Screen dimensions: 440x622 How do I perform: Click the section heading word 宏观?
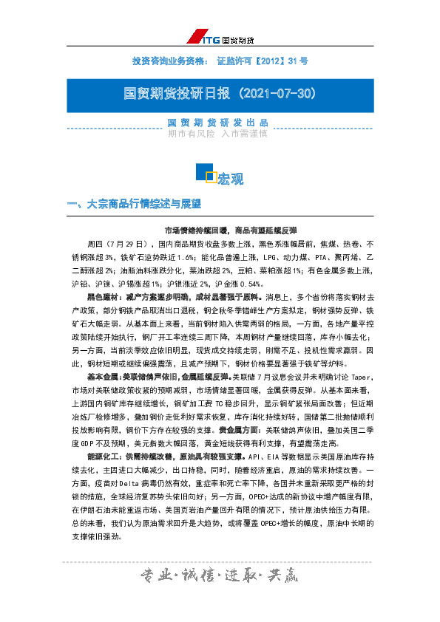230,180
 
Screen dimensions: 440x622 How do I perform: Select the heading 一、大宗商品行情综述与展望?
134,203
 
